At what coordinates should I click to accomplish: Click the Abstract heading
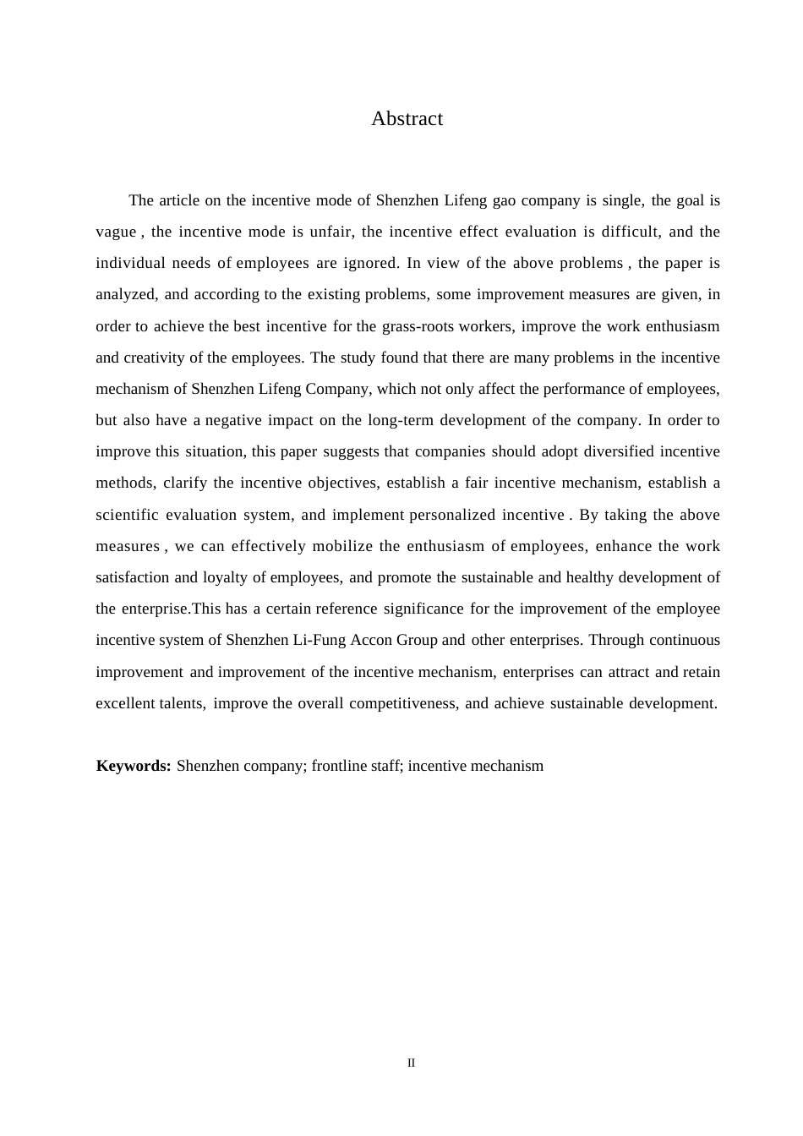[407, 118]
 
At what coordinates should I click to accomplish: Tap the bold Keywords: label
[134, 766]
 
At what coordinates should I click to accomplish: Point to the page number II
[412, 1062]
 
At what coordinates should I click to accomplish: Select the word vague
[116, 232]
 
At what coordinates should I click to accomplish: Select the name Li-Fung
[317, 640]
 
